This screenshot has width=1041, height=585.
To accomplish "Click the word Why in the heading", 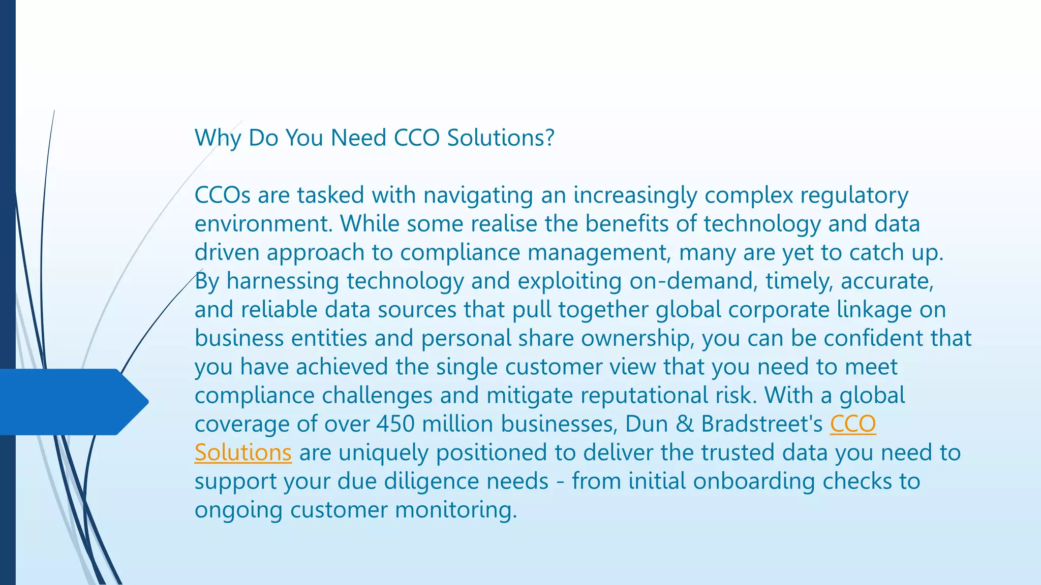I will [x=218, y=138].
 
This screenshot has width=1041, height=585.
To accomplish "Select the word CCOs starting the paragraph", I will [x=223, y=196].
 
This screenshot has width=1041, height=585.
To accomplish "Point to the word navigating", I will [x=478, y=196].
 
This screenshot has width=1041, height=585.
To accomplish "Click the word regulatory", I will [x=854, y=196].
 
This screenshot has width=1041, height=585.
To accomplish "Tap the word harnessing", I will [x=283, y=281].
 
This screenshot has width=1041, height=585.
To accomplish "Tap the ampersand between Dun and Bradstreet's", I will [x=685, y=424].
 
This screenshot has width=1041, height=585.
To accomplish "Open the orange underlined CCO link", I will [x=852, y=424].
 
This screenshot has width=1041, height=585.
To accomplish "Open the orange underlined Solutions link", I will [x=243, y=452].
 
